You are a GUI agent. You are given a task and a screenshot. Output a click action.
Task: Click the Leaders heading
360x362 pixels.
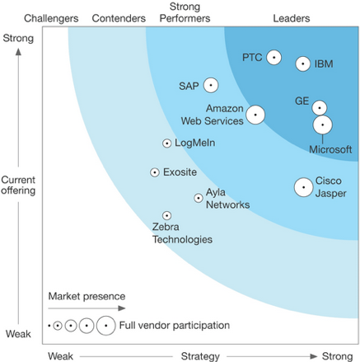[x=292, y=18]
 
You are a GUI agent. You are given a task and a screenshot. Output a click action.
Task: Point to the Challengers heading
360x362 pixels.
[x=51, y=18]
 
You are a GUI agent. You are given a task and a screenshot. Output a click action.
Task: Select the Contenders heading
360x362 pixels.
[x=119, y=18]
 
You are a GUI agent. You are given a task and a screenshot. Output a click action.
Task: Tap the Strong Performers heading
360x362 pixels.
[x=185, y=12]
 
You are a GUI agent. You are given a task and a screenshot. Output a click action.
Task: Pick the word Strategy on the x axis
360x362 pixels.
[x=200, y=356]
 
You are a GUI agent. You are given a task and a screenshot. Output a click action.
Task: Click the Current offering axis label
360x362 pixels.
[x=18, y=185]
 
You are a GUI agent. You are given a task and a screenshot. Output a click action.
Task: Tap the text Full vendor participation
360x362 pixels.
[x=175, y=326]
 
